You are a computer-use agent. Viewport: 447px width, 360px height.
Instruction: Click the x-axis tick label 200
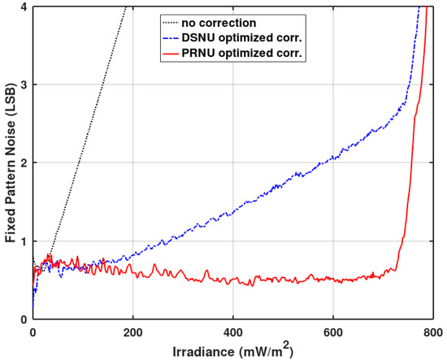(x=132, y=332)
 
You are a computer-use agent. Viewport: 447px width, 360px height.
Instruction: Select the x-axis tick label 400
(x=232, y=332)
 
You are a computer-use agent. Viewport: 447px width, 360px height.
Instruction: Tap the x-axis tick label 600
(x=333, y=332)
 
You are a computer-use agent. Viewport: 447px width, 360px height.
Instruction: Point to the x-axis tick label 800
(x=432, y=332)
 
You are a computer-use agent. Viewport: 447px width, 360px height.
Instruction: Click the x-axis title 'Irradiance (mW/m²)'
(x=232, y=350)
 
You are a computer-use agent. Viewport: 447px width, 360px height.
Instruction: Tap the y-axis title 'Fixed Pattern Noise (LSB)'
(x=8, y=163)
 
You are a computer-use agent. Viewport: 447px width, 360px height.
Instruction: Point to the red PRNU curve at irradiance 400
(x=232, y=281)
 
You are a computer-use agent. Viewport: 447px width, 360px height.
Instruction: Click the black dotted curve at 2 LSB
(x=78, y=163)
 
